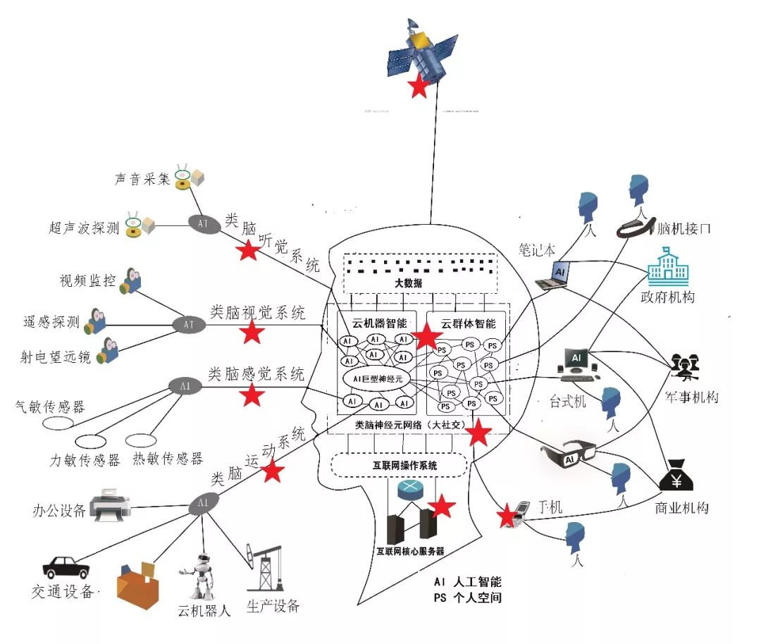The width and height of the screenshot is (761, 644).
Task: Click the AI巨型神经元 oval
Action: click(x=374, y=378)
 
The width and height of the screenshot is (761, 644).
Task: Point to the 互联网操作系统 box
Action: click(x=399, y=464)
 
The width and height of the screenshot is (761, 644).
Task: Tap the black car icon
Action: click(x=66, y=566)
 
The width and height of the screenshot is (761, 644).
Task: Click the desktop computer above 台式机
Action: click(x=576, y=361)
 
